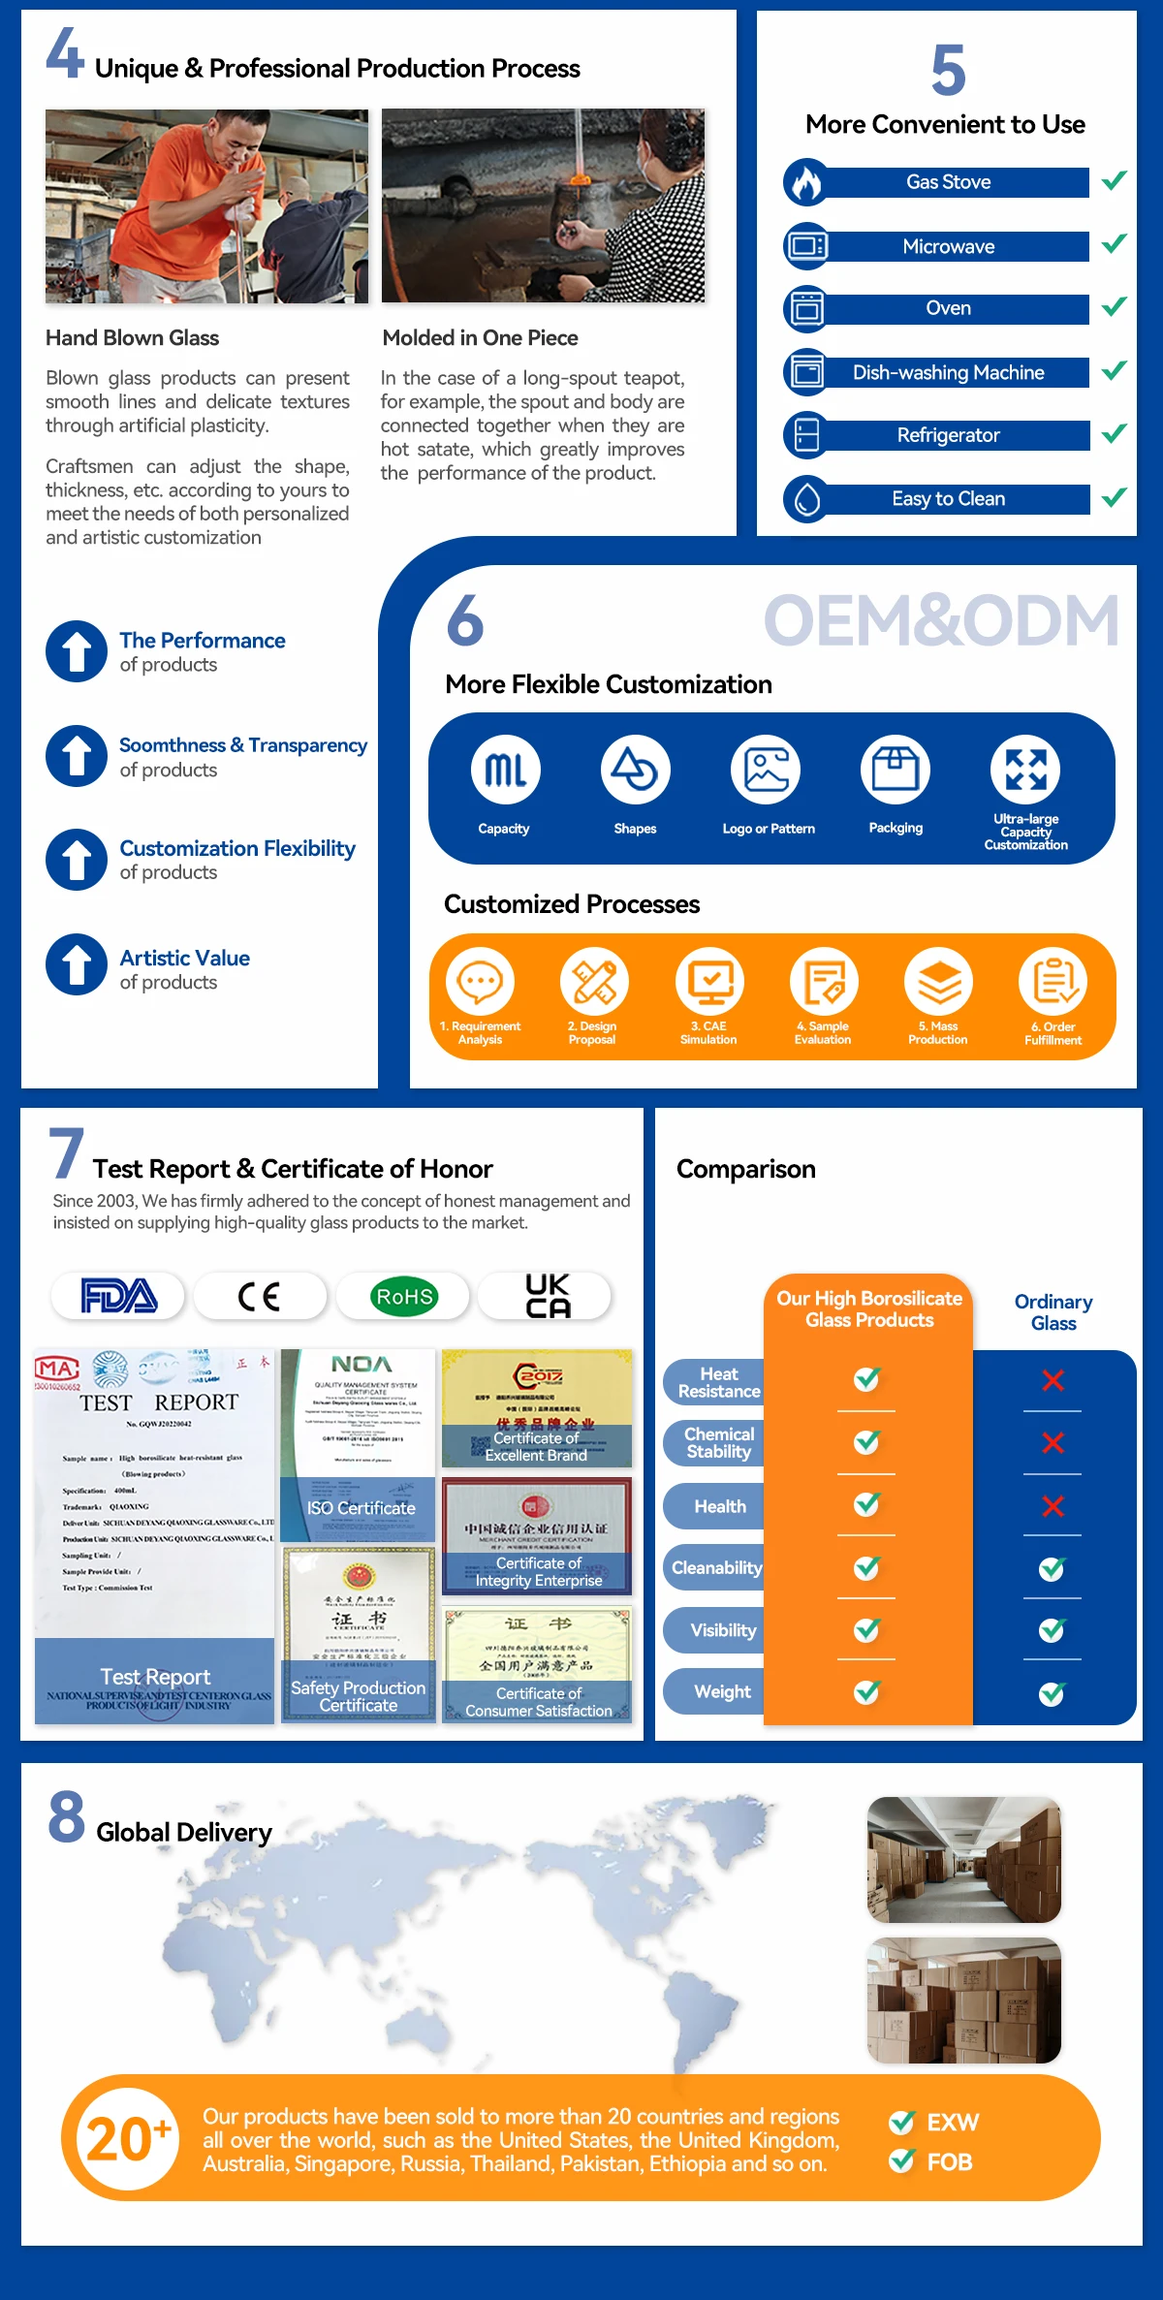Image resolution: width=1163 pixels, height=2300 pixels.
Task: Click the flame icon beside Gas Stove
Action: pyautogui.click(x=805, y=182)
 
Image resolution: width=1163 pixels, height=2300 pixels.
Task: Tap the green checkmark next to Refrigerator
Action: pyautogui.click(x=1115, y=433)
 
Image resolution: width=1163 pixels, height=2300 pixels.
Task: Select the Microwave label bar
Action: pyautogui.click(x=949, y=247)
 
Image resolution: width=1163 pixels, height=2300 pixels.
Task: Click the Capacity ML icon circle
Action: pyautogui.click(x=506, y=770)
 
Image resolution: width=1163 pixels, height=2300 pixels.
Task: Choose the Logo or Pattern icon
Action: pyautogui.click(x=766, y=770)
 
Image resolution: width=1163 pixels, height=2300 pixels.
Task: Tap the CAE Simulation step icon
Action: pyautogui.click(x=709, y=982)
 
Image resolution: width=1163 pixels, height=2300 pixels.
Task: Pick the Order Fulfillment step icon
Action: pyautogui.click(x=1053, y=982)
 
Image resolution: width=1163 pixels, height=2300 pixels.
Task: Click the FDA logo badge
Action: pyautogui.click(x=118, y=1296)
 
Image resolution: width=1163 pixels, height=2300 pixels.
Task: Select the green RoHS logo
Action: pyautogui.click(x=405, y=1297)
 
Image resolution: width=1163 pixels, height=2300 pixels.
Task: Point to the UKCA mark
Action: pyautogui.click(x=548, y=1296)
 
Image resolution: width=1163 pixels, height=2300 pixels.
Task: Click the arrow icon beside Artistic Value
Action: pyautogui.click(x=77, y=964)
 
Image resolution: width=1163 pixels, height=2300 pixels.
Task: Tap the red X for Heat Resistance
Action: pyautogui.click(x=1053, y=1380)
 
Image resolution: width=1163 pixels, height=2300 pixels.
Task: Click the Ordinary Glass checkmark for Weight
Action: pyautogui.click(x=1053, y=1693)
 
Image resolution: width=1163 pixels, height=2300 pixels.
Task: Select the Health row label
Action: pyautogui.click(x=720, y=1506)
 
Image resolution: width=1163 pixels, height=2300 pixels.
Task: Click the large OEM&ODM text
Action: pyautogui.click(x=941, y=621)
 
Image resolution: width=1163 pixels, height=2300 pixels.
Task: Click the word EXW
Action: pyautogui.click(x=953, y=2123)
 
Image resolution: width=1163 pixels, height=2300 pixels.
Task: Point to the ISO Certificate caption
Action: pyautogui.click(x=361, y=1508)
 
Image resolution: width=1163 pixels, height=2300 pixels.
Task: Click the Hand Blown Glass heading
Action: pyautogui.click(x=133, y=338)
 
